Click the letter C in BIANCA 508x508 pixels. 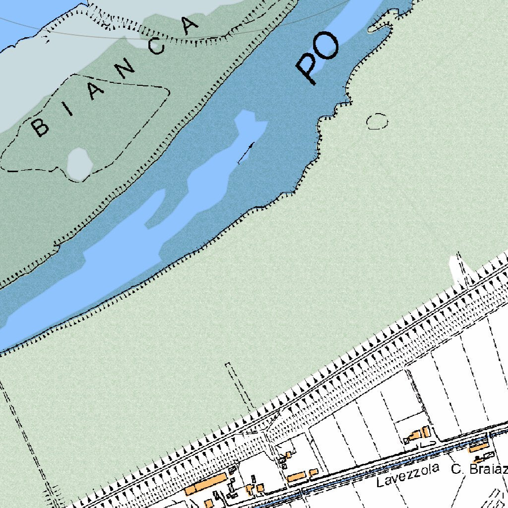coord(158,47)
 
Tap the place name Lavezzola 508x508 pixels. coord(407,475)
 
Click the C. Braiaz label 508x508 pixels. coord(479,468)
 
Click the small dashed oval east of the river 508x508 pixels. coord(377,121)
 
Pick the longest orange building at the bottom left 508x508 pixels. coord(206,484)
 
